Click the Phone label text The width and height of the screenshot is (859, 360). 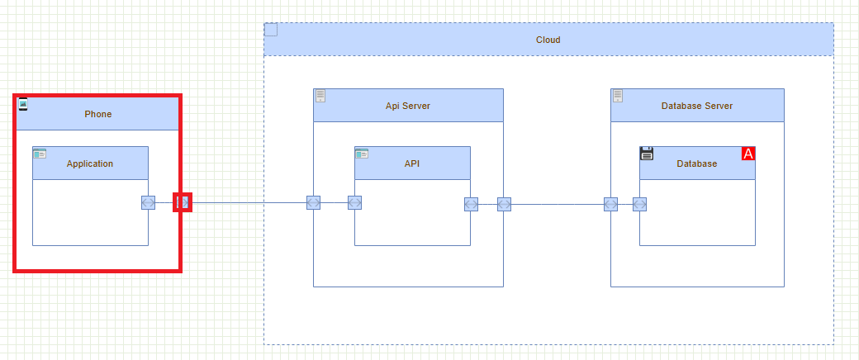click(97, 114)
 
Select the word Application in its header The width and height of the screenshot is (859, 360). click(90, 163)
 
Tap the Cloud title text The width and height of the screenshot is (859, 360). click(548, 40)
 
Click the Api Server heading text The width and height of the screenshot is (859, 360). click(407, 106)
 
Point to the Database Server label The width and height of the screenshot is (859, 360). click(696, 106)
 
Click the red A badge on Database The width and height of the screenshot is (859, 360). click(748, 154)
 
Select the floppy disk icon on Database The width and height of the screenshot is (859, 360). click(647, 154)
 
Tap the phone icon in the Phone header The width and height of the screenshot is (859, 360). click(22, 104)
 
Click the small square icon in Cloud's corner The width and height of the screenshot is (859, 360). click(271, 30)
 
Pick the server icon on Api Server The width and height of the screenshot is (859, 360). click(320, 96)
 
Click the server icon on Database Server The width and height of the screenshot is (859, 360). click(618, 96)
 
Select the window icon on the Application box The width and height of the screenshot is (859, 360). click(40, 154)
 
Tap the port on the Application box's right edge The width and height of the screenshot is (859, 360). click(148, 203)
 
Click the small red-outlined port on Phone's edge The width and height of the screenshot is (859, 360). click(183, 202)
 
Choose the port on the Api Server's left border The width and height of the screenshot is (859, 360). click(313, 203)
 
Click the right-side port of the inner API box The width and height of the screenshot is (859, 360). click(471, 204)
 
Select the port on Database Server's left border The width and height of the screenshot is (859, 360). click(610, 204)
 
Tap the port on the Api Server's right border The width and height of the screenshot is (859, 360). click(504, 204)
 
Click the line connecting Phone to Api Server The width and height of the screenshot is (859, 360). click(248, 202)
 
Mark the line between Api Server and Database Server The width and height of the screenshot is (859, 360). click(558, 204)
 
